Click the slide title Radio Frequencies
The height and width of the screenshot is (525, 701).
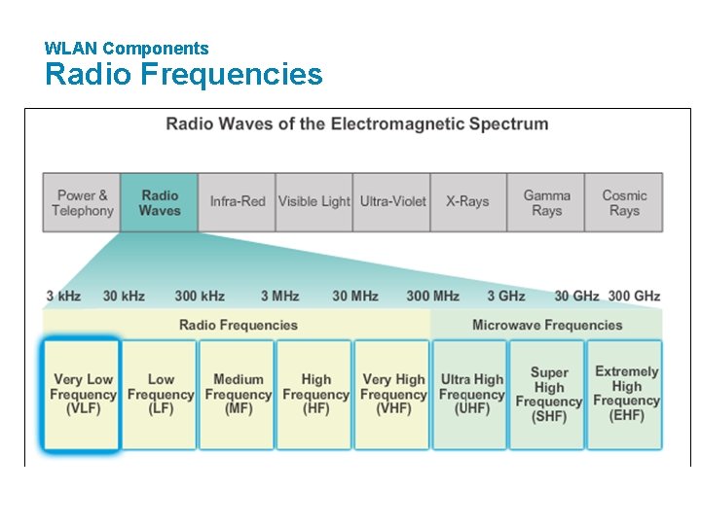coord(183,75)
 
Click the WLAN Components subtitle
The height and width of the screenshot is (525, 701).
coord(127,48)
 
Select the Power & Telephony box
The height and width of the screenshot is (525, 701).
coord(82,202)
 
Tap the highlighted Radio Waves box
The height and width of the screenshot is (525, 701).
coord(160,202)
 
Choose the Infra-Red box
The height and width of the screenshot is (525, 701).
coord(237,202)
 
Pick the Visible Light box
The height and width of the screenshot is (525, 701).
coord(314,202)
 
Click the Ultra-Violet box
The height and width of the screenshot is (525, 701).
coord(392,202)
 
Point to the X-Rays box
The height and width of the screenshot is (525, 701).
coord(468,202)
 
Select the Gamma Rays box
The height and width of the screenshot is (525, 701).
coord(546,202)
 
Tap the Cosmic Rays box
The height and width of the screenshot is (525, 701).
coord(624,202)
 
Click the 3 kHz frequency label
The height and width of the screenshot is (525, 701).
coord(63,296)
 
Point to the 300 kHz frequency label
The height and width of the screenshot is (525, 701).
coord(200,296)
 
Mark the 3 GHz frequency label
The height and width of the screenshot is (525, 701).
coord(505,296)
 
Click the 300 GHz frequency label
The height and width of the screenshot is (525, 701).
coord(634,296)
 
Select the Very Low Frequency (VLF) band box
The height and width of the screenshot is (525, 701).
coord(82,395)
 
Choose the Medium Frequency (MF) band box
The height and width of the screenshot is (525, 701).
coord(238,395)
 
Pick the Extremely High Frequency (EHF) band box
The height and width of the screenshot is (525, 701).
coord(625,395)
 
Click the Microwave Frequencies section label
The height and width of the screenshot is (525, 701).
coord(546,325)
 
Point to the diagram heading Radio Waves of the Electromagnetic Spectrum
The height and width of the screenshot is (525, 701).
coord(356,124)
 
